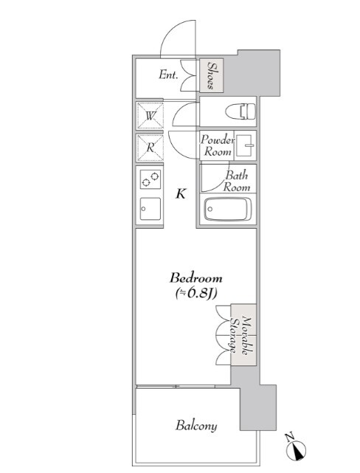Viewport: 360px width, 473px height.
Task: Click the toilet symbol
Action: coord(240,111)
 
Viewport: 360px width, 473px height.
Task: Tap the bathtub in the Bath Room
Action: coord(228,209)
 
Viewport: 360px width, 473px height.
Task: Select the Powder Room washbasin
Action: coord(245,145)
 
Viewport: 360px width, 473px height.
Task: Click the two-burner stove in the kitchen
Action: coord(150,179)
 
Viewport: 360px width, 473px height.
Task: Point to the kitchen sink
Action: coord(150,209)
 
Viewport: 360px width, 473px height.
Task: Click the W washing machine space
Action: coord(150,116)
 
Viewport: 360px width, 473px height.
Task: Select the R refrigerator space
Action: coord(150,148)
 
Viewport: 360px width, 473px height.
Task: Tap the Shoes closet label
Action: coord(212,75)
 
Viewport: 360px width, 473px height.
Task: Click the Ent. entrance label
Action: coord(168,75)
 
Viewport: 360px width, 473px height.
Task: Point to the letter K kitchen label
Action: coord(181,193)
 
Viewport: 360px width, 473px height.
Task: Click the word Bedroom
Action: coord(196,278)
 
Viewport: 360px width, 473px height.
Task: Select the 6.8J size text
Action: coord(196,293)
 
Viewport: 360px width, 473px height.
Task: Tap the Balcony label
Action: coord(196,426)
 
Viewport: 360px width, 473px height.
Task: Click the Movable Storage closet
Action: coord(243,335)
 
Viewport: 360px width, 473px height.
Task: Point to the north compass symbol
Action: coord(296,447)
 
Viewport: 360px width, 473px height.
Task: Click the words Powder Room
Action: coord(218,145)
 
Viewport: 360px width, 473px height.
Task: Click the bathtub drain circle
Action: coord(210,209)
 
